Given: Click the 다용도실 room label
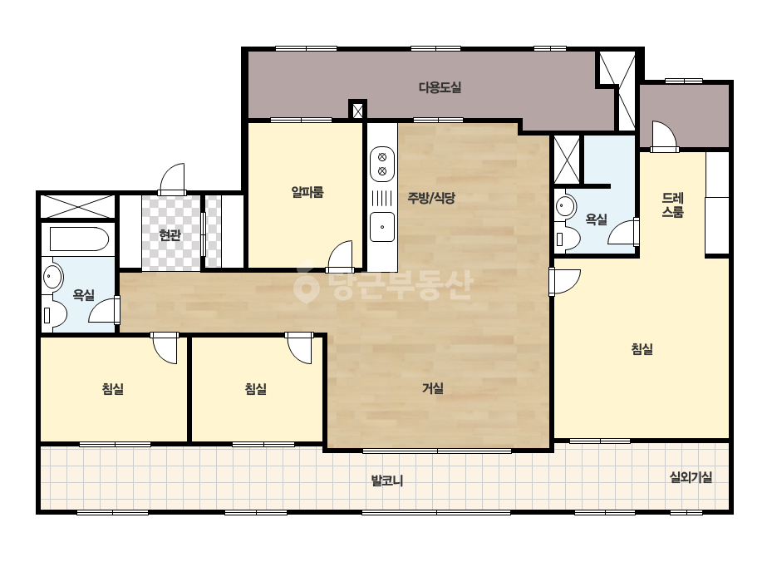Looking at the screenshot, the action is tap(440, 87).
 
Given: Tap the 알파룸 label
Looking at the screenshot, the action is tap(307, 192).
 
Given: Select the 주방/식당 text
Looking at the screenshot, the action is tap(431, 198).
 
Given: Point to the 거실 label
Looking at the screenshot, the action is tap(432, 388).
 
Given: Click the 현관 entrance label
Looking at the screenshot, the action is tap(170, 235).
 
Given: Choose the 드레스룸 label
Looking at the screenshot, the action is tap(672, 205).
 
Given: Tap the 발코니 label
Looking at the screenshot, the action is tap(387, 481).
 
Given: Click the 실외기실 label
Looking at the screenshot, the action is tap(691, 477).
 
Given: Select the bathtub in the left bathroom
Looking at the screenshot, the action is tap(79, 239).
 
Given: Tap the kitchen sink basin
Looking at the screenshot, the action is tap(382, 227).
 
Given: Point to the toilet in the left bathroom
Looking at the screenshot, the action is tap(54, 315).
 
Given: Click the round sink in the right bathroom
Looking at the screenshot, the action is tap(565, 205).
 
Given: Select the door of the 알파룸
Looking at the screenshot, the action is tap(340, 256).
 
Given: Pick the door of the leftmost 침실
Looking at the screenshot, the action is tap(165, 348).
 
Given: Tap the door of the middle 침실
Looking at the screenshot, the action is tap(299, 348).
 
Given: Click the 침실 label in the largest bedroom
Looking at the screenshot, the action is tap(642, 349).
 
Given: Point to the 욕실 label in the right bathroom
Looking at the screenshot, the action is tap(597, 219).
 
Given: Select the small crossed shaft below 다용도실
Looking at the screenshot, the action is tap(357, 111).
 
